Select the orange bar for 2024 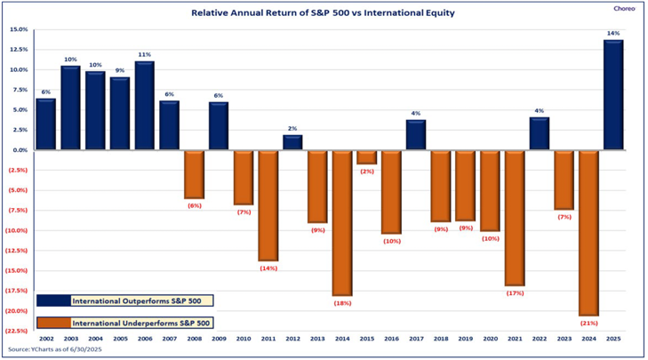(588, 233)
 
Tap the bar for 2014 (342, 222)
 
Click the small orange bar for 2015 (366, 157)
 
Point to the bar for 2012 (292, 142)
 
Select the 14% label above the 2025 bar (612, 32)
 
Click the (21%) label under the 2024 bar (588, 324)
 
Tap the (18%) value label (342, 303)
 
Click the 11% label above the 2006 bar (145, 54)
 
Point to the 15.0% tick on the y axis (20, 29)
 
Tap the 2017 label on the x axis (415, 340)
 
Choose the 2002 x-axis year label (45, 340)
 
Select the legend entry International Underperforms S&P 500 (130, 323)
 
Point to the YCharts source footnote (84, 350)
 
